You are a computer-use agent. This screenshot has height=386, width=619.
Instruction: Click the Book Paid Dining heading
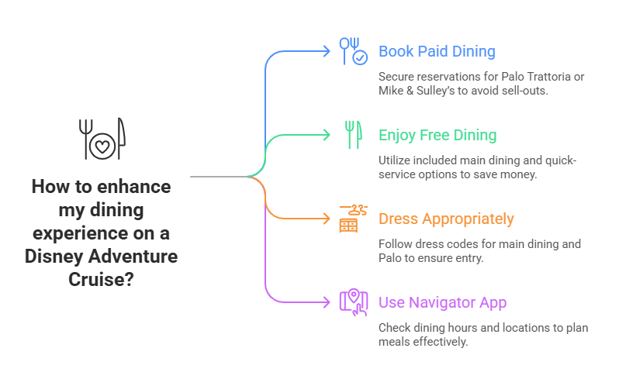pos(437,52)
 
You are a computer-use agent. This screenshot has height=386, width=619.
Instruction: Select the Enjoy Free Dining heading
pos(437,136)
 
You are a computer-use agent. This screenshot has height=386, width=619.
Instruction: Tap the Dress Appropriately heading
pos(446,219)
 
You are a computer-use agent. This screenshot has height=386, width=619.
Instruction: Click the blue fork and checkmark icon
pos(353,51)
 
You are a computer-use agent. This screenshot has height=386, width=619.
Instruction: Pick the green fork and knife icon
pos(353,135)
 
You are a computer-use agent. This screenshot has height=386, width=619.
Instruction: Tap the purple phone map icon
pos(353,302)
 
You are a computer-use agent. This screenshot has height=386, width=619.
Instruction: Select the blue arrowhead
pos(327,51)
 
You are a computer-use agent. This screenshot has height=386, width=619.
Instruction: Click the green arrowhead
pos(327,135)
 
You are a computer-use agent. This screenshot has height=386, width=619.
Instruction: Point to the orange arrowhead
pos(327,219)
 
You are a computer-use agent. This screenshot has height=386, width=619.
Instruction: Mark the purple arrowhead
pos(327,302)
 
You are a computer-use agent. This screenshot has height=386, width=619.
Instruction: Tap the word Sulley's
pos(437,90)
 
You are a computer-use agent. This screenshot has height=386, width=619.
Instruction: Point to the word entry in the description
pos(469,257)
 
